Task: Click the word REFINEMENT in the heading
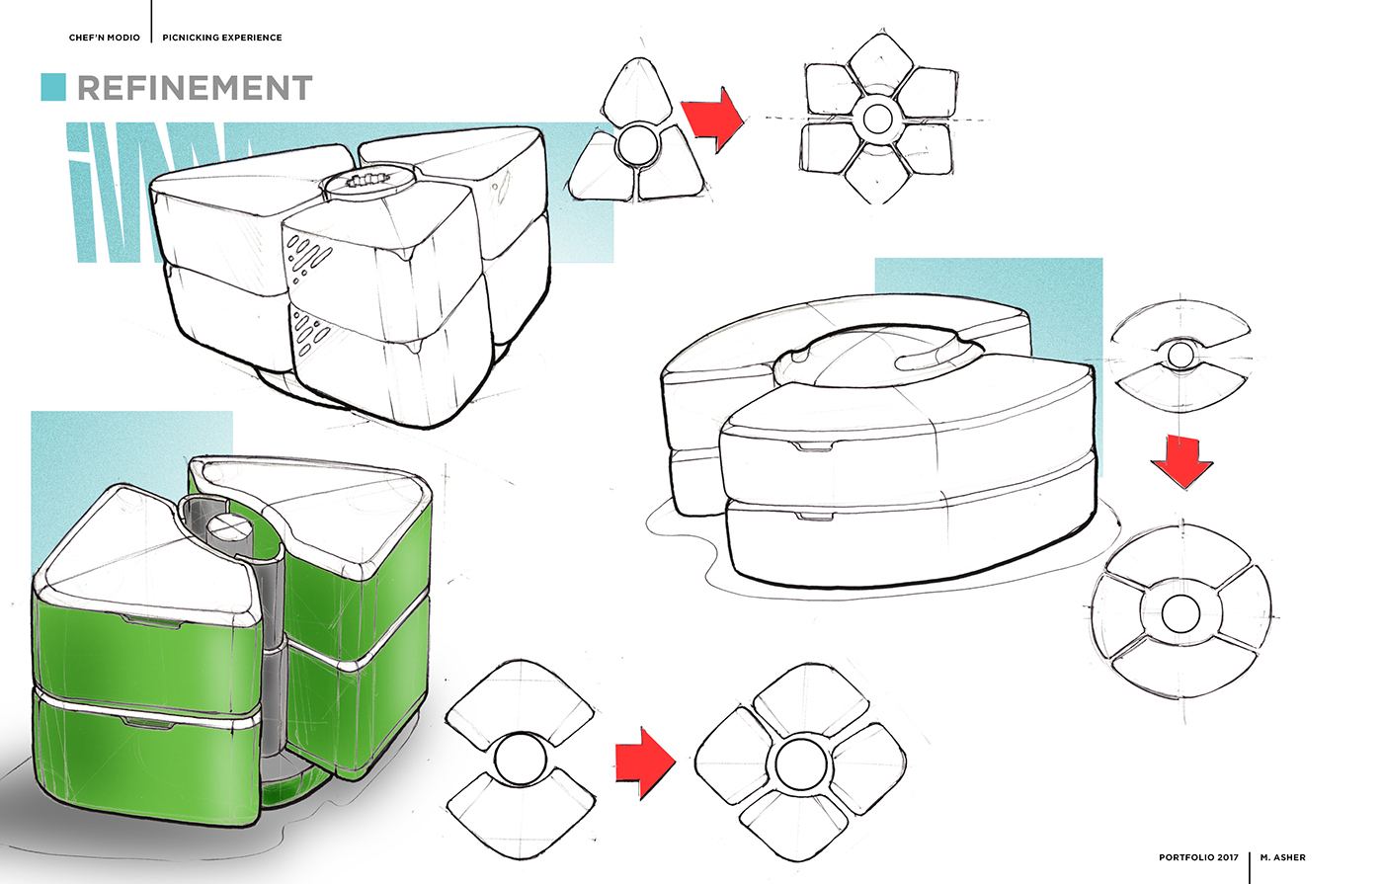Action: pos(195,88)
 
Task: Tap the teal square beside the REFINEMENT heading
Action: pos(53,87)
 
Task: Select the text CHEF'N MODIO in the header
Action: pos(105,38)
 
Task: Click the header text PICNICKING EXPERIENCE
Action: pos(222,38)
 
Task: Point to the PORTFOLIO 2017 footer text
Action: pos(1198,857)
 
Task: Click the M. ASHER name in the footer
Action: pos(1283,857)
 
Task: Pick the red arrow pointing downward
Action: pos(1181,460)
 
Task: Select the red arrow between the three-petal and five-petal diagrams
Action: pos(713,119)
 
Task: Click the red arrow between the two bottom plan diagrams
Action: pos(645,763)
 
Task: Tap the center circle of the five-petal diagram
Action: pos(877,119)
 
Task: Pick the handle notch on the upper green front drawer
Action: pos(147,618)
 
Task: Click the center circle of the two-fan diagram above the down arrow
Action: pos(1180,355)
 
